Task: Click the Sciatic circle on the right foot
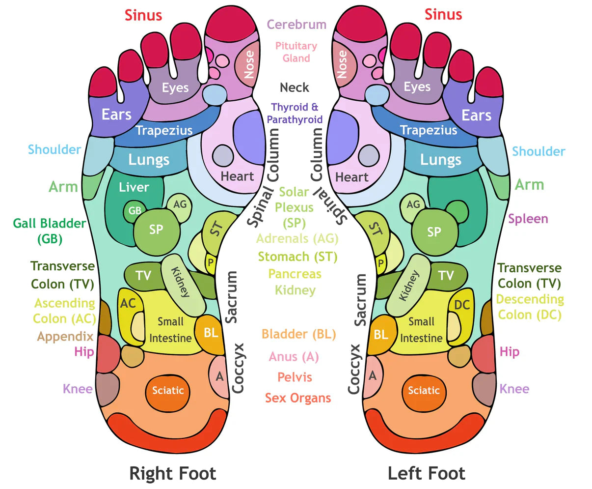pyautogui.click(x=167, y=391)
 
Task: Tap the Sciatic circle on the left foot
pyautogui.click(x=424, y=391)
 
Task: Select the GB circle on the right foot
pyautogui.click(x=135, y=211)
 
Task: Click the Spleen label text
pyautogui.click(x=528, y=219)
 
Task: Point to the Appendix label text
pyautogui.click(x=65, y=337)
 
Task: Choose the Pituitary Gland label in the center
pyautogui.click(x=296, y=52)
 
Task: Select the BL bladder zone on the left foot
pyautogui.click(x=381, y=335)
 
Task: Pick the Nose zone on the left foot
pyautogui.click(x=342, y=64)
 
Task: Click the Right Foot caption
pyautogui.click(x=172, y=474)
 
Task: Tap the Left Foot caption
pyautogui.click(x=426, y=474)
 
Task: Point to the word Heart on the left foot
pyautogui.click(x=351, y=177)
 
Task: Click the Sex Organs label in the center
pyautogui.click(x=298, y=398)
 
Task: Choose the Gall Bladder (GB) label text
pyautogui.click(x=49, y=230)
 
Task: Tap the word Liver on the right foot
pyautogui.click(x=134, y=188)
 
